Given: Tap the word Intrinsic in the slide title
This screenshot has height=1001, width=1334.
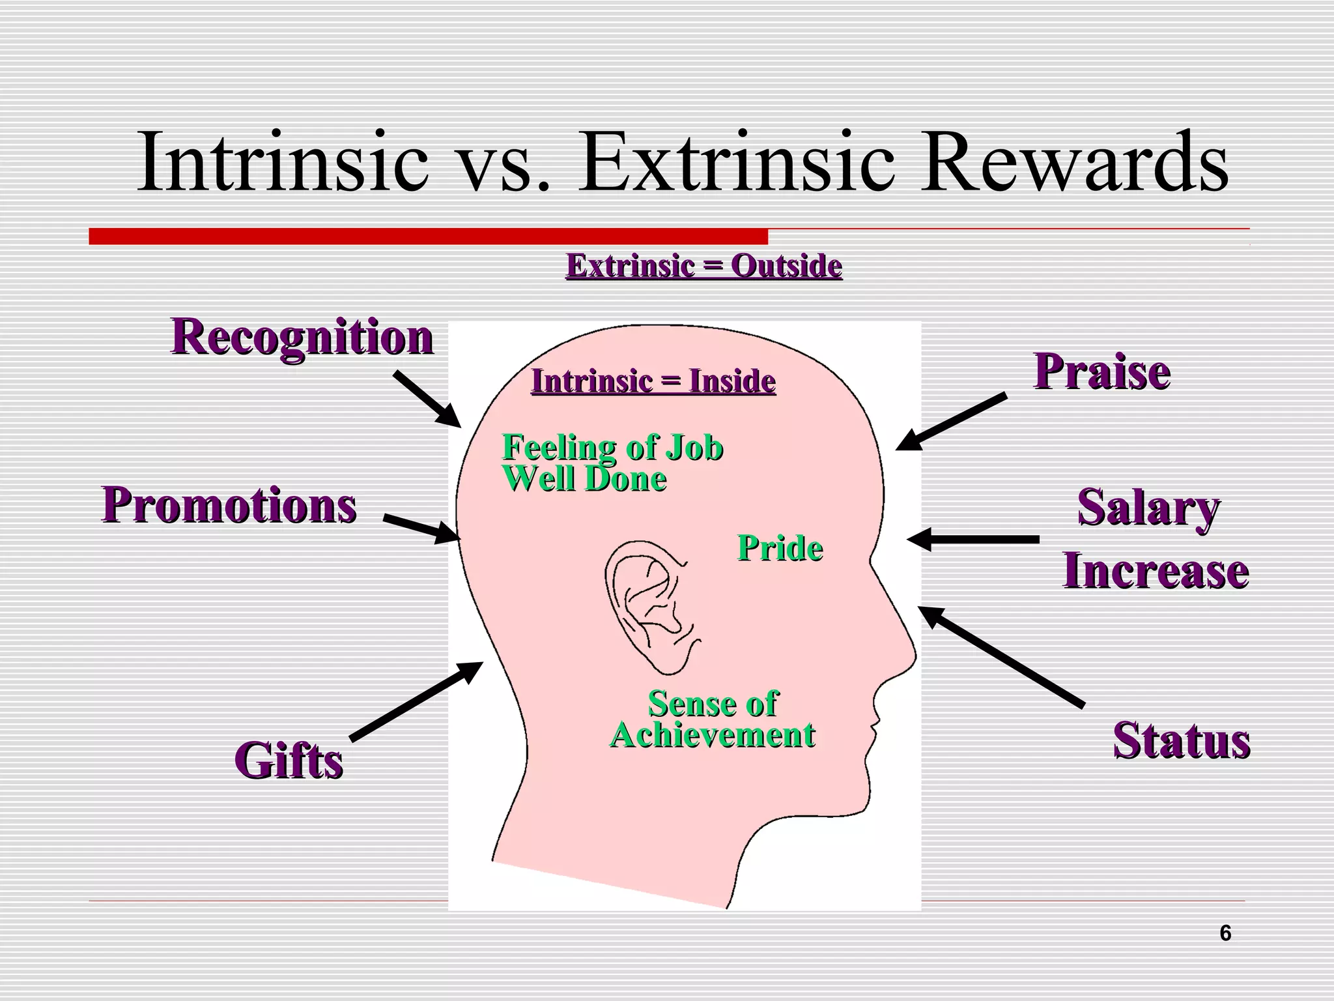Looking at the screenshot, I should pyautogui.click(x=283, y=162).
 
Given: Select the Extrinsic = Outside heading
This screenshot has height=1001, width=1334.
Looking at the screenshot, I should pyautogui.click(x=704, y=266).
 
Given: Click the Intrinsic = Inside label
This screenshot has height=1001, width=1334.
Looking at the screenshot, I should pyautogui.click(x=653, y=381).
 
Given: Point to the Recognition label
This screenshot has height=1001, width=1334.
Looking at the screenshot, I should pyautogui.click(x=302, y=337).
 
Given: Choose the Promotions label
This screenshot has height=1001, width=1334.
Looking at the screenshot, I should pyautogui.click(x=229, y=505).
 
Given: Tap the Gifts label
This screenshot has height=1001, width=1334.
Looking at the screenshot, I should pyautogui.click(x=289, y=761).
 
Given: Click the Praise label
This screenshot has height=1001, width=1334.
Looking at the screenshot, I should pyautogui.click(x=1102, y=372).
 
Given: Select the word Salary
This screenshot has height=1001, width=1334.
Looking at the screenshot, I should pyautogui.click(x=1148, y=508).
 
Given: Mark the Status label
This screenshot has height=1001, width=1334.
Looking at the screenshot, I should pyautogui.click(x=1182, y=741).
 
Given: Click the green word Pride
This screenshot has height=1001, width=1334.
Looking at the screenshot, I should pyautogui.click(x=780, y=548).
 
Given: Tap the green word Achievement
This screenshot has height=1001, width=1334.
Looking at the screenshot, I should pyautogui.click(x=713, y=736).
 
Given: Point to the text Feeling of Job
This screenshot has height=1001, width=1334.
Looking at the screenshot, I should pyautogui.click(x=612, y=448).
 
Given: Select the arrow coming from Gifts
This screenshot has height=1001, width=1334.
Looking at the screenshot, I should pyautogui.click(x=417, y=701).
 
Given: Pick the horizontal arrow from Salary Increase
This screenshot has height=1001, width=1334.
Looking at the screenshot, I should pyautogui.click(x=973, y=540).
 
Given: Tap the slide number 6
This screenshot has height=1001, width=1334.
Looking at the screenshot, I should pyautogui.click(x=1225, y=934).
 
